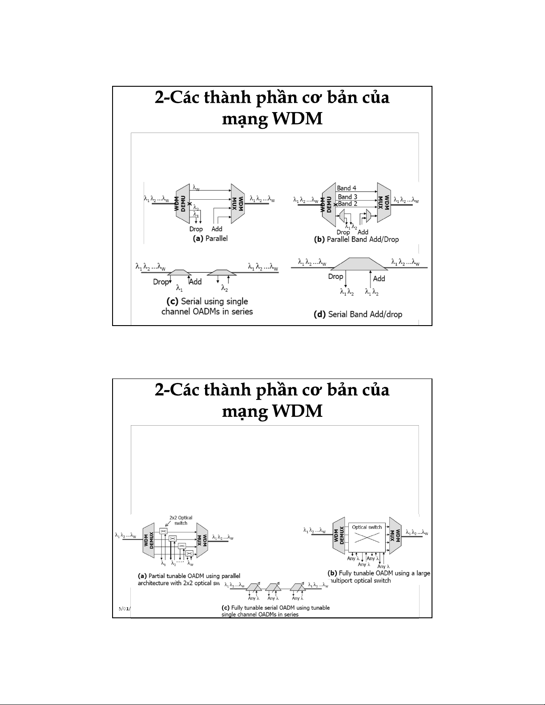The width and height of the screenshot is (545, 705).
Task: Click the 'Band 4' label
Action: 347,188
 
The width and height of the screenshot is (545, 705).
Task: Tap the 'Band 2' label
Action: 347,204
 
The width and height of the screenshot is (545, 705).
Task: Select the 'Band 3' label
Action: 347,197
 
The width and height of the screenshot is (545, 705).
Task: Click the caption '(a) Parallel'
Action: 210,238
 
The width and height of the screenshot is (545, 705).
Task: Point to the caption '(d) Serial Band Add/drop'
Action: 358,314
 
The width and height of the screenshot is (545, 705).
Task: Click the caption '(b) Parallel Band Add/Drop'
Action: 356,239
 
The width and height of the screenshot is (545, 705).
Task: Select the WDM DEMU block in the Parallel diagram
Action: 183,204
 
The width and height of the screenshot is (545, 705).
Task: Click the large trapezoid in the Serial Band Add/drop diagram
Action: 358,264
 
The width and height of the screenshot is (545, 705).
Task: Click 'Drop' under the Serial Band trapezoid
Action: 335,277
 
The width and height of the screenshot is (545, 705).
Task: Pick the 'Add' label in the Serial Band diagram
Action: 379,278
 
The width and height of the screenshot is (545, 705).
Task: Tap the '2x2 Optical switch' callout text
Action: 181,520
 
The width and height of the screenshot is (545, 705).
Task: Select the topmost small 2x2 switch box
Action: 163,531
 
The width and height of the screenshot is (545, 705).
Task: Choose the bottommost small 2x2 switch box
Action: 189,553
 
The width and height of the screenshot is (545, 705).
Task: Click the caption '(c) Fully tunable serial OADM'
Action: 275,611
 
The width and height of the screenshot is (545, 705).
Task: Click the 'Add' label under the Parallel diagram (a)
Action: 217,229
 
